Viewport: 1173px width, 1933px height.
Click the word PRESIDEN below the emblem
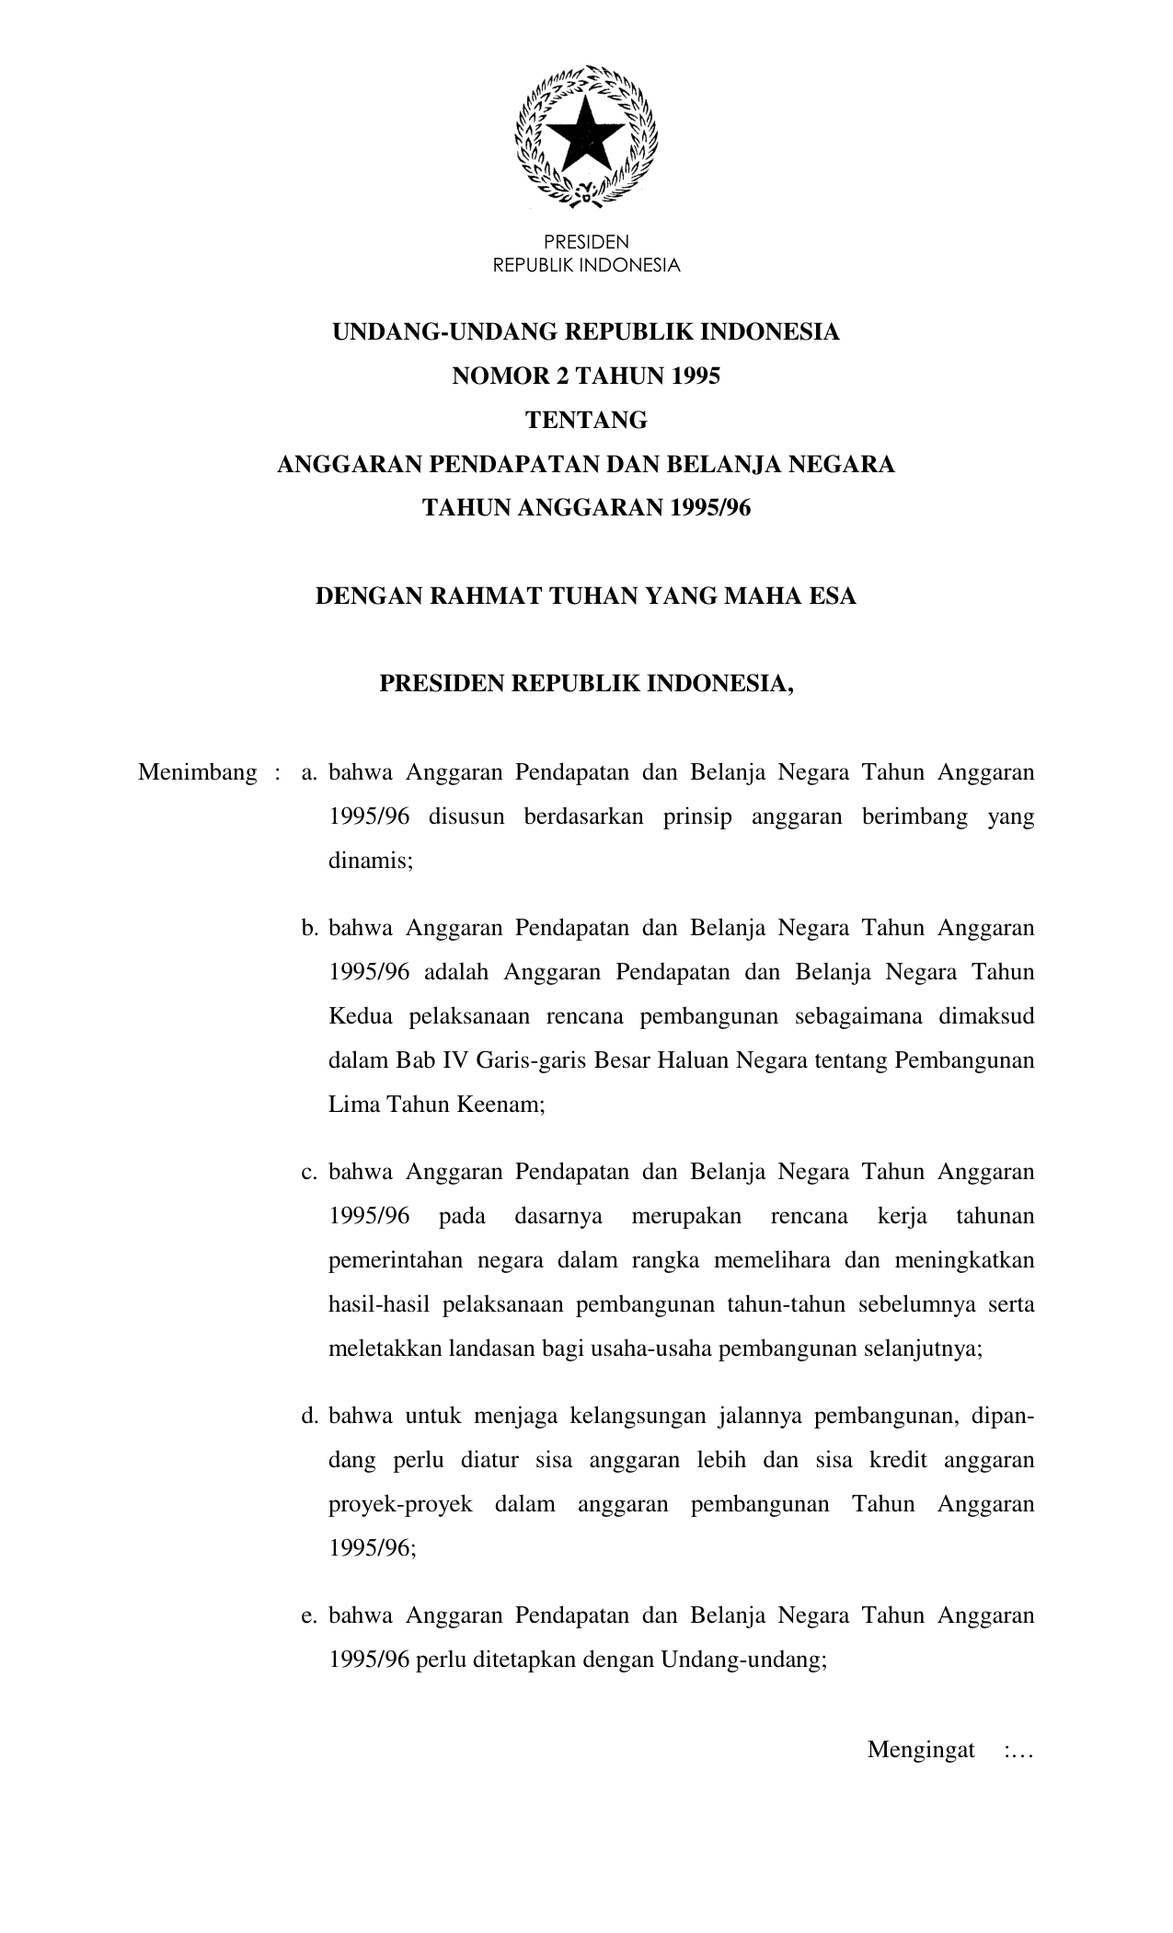pos(586,242)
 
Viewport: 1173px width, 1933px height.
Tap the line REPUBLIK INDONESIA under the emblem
pos(586,265)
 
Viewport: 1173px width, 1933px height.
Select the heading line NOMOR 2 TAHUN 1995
pos(586,376)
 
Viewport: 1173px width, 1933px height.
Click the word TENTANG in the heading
pos(586,420)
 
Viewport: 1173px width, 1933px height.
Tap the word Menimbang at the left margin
pos(197,771)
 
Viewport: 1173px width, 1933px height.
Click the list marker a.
pos(309,772)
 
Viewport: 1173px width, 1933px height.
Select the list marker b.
pos(309,928)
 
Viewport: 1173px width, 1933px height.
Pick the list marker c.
pos(309,1172)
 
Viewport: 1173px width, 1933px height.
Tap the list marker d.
pos(309,1416)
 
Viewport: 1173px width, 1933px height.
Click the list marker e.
pos(309,1615)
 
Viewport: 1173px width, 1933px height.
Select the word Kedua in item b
pos(361,1016)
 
